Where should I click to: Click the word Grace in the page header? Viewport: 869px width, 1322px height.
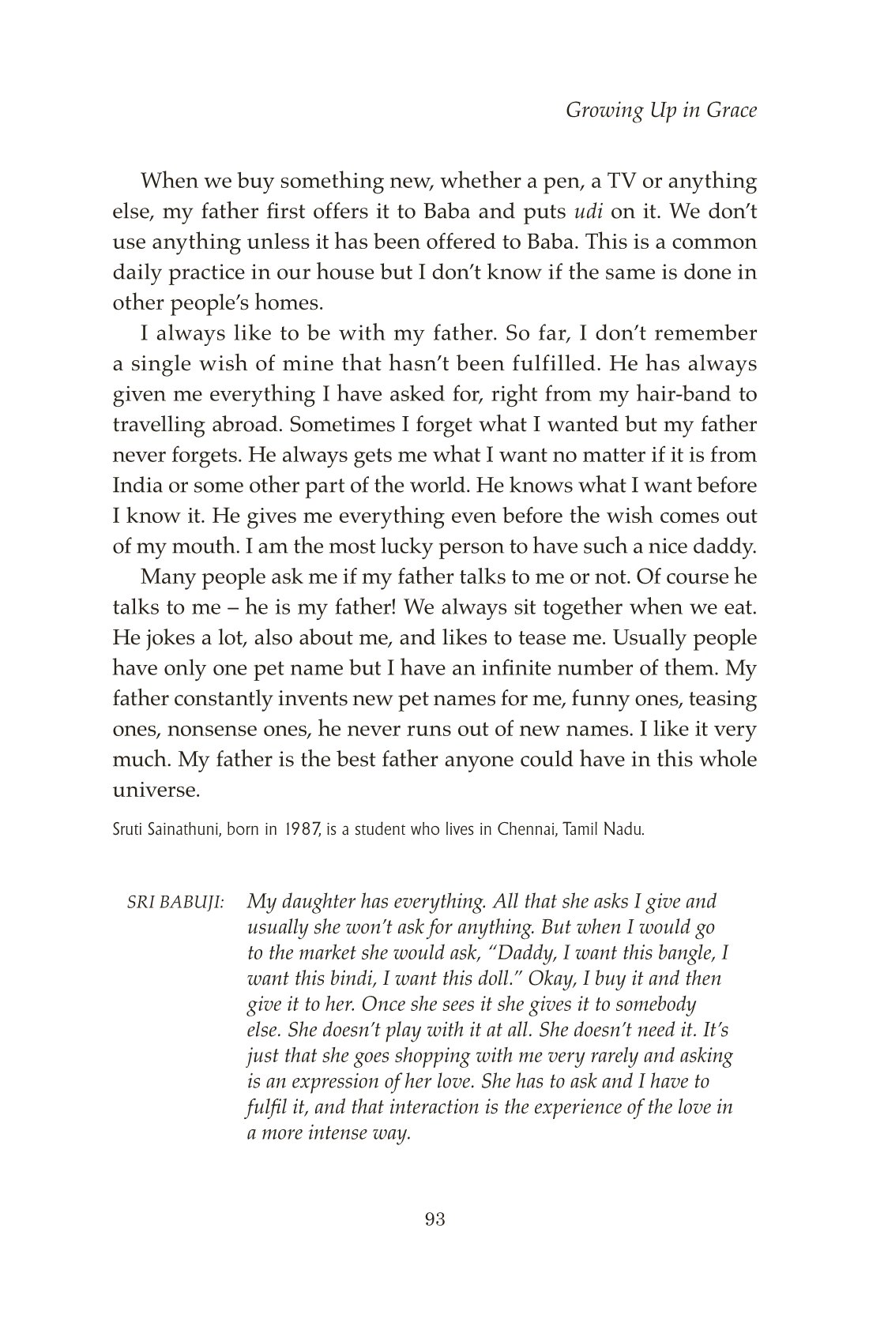728,111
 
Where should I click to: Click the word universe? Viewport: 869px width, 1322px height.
156,790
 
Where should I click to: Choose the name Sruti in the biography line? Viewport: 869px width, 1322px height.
128,832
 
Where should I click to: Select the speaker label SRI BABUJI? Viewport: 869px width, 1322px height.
177,903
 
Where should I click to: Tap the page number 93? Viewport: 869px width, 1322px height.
435,1219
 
